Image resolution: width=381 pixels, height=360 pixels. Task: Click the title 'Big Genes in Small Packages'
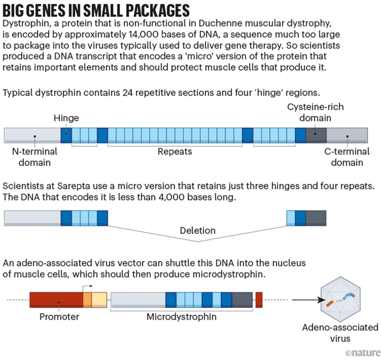(96, 10)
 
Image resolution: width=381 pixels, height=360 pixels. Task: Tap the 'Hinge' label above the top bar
(66, 118)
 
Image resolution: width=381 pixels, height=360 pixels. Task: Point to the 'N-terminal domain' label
(35, 157)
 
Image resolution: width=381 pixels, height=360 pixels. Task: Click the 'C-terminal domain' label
(347, 157)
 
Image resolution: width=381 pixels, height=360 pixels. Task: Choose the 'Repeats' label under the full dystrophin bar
(174, 152)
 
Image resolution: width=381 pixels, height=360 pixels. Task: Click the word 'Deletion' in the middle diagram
(197, 231)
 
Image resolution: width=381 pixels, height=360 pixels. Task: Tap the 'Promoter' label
(59, 317)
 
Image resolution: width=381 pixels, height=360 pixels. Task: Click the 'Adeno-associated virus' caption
(348, 332)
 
